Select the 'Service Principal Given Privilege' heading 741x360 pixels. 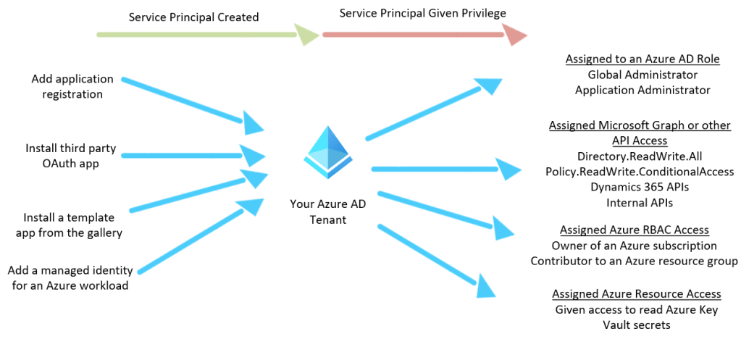tap(422, 13)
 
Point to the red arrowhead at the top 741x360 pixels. tap(514, 35)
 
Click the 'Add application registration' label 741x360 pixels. tap(72, 86)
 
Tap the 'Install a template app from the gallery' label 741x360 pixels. tap(72, 225)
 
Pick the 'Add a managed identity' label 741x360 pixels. tap(70, 277)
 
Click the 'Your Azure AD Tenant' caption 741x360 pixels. tap(328, 212)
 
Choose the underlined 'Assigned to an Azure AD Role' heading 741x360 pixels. tap(642, 59)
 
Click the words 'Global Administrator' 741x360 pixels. tap(642, 75)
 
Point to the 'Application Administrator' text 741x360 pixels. tap(642, 90)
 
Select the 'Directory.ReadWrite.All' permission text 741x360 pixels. tap(640, 156)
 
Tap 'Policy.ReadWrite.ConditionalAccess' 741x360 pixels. tap(640, 172)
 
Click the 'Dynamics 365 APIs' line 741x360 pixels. tap(640, 187)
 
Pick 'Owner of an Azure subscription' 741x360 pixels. tap(634, 246)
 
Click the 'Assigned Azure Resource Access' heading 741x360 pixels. tap(637, 293)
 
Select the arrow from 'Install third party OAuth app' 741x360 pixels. tap(188, 155)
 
